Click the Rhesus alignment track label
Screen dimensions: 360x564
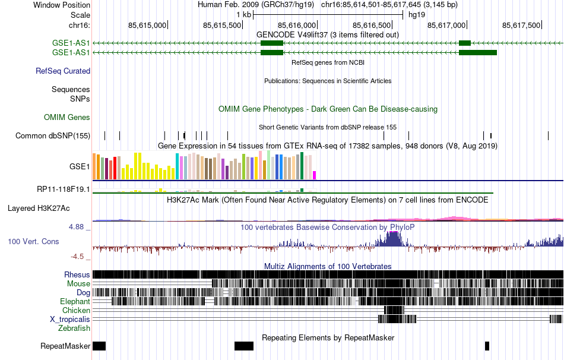coord(77,274)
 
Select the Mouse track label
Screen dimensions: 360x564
coord(78,283)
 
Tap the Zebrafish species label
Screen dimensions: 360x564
coord(74,328)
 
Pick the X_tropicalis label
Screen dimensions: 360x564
coord(70,319)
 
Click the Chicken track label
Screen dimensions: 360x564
coord(76,310)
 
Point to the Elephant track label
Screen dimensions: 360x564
coord(75,301)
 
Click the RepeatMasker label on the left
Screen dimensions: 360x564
coord(65,346)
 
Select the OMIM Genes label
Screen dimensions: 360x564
coord(67,118)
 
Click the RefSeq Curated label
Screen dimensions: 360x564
coord(63,71)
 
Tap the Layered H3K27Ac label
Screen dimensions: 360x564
coord(39,209)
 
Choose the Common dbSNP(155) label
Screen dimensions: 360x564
coord(53,135)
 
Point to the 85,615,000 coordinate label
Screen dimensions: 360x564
coord(147,25)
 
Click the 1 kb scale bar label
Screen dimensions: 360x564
coord(243,14)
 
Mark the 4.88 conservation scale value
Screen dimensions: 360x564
coord(77,226)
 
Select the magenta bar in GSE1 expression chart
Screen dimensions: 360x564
coord(315,175)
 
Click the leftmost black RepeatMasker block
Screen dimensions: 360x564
coord(99,346)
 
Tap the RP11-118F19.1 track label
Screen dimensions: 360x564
coord(64,190)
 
